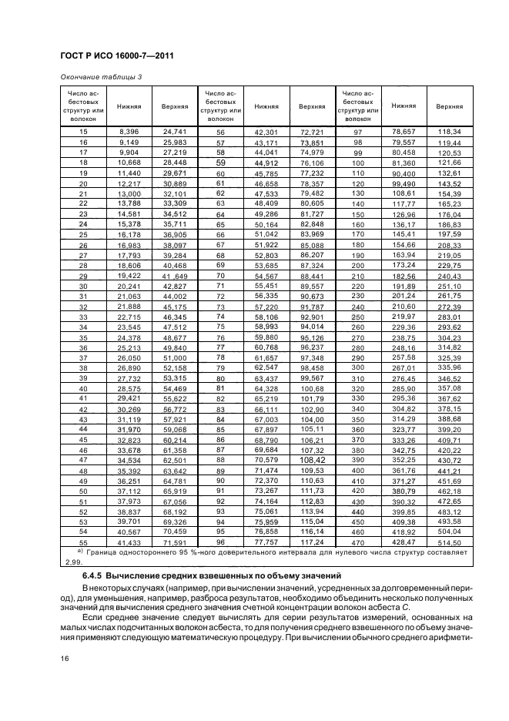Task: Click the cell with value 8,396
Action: pos(127,132)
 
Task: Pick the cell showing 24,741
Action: pos(175,132)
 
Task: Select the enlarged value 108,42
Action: pos(312,459)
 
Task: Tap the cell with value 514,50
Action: pos(449,543)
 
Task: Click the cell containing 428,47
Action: pos(404,543)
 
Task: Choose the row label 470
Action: pos(357,543)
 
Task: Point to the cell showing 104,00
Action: pos(312,418)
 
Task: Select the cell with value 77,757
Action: pos(266,543)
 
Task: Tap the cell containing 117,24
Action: pos(312,543)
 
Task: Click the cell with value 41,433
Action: pos(127,543)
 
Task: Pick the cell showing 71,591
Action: pos(175,543)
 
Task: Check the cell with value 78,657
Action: pos(404,132)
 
